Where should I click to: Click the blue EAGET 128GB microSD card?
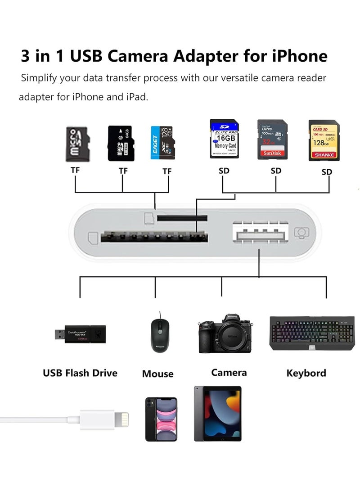click(162, 143)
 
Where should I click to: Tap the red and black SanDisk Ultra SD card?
click(272, 140)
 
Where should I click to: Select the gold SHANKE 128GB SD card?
click(322, 140)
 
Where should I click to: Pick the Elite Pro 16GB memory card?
click(224, 139)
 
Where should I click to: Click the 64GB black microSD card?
click(120, 143)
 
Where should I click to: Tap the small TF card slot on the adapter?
click(182, 218)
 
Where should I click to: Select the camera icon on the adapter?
click(301, 233)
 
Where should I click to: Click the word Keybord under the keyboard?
click(306, 373)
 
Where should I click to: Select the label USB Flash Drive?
click(80, 373)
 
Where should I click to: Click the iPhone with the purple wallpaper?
click(161, 419)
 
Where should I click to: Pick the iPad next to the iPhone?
click(217, 414)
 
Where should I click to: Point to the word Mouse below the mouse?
click(157, 374)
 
